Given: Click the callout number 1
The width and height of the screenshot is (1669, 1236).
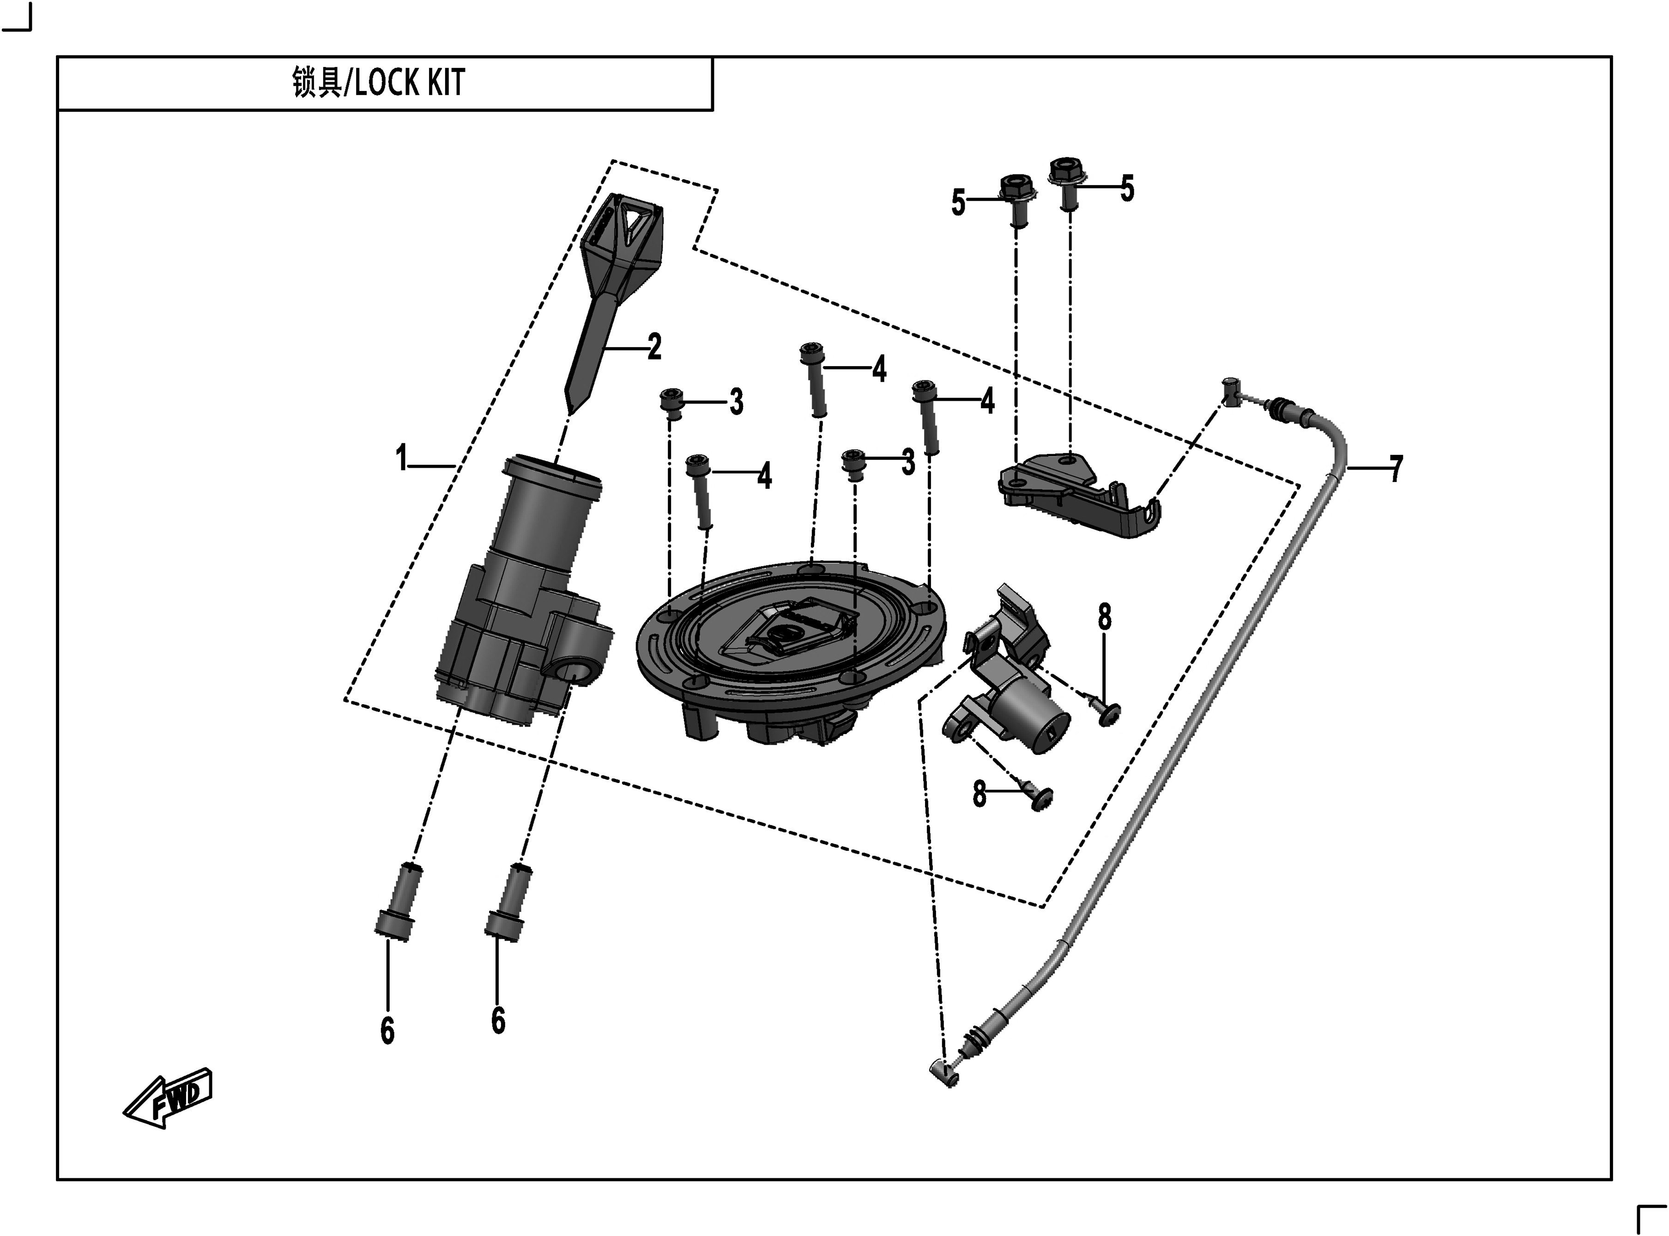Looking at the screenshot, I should tap(402, 458).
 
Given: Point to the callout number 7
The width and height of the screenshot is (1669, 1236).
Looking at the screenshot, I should tap(1396, 469).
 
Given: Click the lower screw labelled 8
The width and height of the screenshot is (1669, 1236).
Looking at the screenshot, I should tap(1039, 797).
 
